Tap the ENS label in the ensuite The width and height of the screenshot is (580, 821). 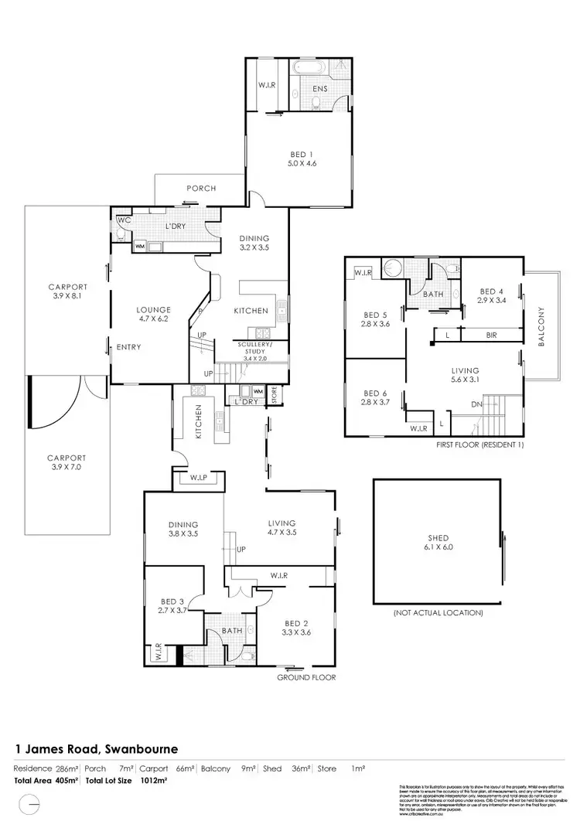319,89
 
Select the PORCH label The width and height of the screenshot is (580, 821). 201,188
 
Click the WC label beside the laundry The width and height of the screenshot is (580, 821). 123,220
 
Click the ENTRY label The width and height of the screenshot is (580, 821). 128,347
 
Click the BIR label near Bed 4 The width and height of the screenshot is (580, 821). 491,335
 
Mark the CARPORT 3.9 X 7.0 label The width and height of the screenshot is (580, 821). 66,462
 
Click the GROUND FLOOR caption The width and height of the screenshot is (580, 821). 307,677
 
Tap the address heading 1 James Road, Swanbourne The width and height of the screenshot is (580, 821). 97,749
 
